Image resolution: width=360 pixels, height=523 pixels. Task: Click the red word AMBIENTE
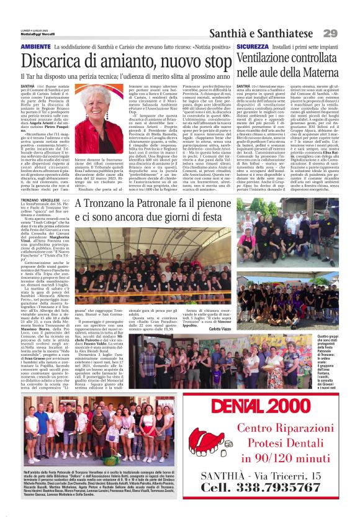tap(36, 47)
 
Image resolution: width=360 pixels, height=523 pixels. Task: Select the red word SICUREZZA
tap(252, 47)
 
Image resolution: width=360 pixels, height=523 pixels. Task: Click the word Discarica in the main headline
tap(53, 61)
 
